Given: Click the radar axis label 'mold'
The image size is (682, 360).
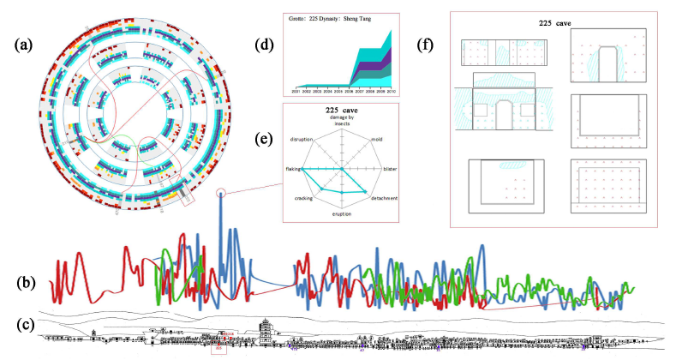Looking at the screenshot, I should (376, 139).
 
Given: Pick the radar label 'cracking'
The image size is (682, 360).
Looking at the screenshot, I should (305, 199).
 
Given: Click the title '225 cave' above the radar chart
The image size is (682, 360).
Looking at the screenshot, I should (343, 110).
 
